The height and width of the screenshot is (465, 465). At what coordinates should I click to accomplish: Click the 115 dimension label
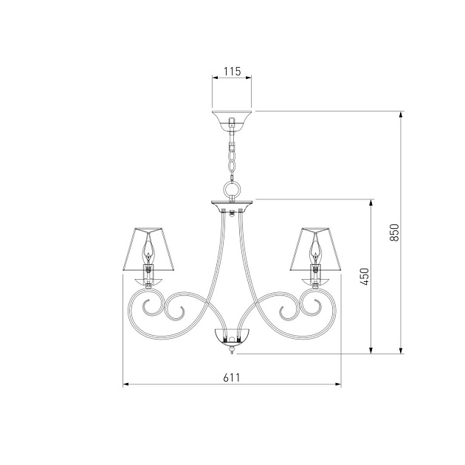[x=232, y=72]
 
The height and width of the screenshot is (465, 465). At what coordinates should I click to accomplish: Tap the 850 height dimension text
[x=394, y=232]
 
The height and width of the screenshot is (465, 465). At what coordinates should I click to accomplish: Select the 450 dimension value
[x=365, y=277]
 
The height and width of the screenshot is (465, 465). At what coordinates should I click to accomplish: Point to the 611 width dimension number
[x=232, y=377]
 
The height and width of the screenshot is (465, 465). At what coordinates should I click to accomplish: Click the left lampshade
[x=148, y=249]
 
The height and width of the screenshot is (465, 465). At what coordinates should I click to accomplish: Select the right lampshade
[x=315, y=249]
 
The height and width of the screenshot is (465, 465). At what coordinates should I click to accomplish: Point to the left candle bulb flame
[x=148, y=252]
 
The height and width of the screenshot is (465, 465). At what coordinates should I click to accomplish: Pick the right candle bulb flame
[x=315, y=252]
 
